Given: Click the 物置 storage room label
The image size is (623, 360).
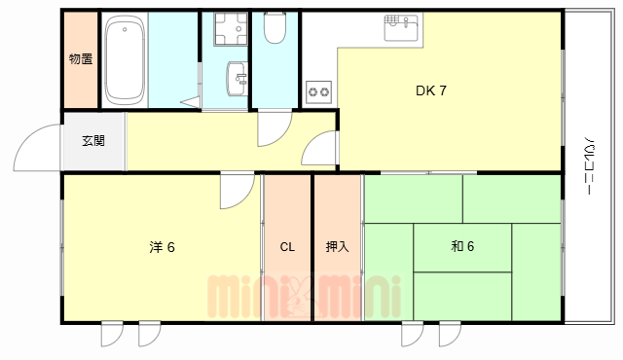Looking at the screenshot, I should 81,59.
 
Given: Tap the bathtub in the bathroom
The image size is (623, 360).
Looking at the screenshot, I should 124,61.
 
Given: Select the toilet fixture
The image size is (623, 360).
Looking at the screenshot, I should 274,30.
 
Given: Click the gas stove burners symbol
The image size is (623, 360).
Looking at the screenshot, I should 318,92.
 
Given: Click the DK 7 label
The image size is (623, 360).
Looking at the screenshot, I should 431,91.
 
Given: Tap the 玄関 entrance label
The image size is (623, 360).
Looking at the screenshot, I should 93,141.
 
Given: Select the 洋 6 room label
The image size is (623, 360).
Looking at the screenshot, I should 162,247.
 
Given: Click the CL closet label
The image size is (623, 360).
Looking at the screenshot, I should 287,247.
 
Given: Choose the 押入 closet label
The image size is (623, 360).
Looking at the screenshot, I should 337,247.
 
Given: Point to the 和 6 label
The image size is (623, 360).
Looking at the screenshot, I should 462,247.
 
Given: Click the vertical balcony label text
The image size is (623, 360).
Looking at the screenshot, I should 590,165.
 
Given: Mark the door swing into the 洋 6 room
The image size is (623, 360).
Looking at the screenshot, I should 235,191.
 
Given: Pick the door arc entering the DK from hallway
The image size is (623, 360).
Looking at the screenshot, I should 317,151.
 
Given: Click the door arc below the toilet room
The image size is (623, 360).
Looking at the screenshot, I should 274,127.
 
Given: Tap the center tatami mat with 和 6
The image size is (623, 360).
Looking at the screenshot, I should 462,247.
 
